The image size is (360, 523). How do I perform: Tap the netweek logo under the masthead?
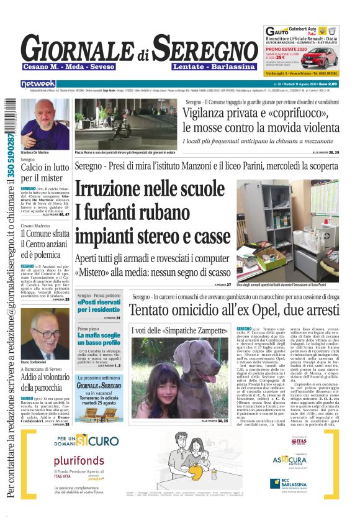pos(38,83)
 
